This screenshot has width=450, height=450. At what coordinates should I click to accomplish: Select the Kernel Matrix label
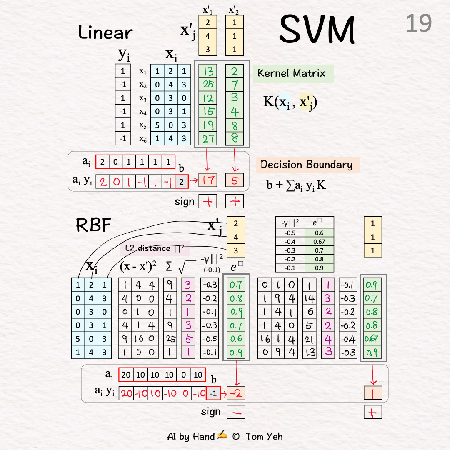[x=291, y=73]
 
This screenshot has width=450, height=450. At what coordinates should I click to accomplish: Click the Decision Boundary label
[x=306, y=164]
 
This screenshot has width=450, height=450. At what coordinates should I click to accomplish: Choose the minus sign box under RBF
[x=236, y=412]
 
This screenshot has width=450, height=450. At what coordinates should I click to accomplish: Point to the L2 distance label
[x=154, y=249]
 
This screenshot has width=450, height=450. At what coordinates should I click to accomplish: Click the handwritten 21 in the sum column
[x=309, y=339]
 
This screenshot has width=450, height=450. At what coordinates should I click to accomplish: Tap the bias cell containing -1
[x=213, y=393]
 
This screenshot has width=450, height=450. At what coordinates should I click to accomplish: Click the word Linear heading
[x=105, y=32]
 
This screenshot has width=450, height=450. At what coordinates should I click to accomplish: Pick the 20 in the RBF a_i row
[x=126, y=375]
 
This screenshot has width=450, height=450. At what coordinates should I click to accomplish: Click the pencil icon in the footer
[x=222, y=435]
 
